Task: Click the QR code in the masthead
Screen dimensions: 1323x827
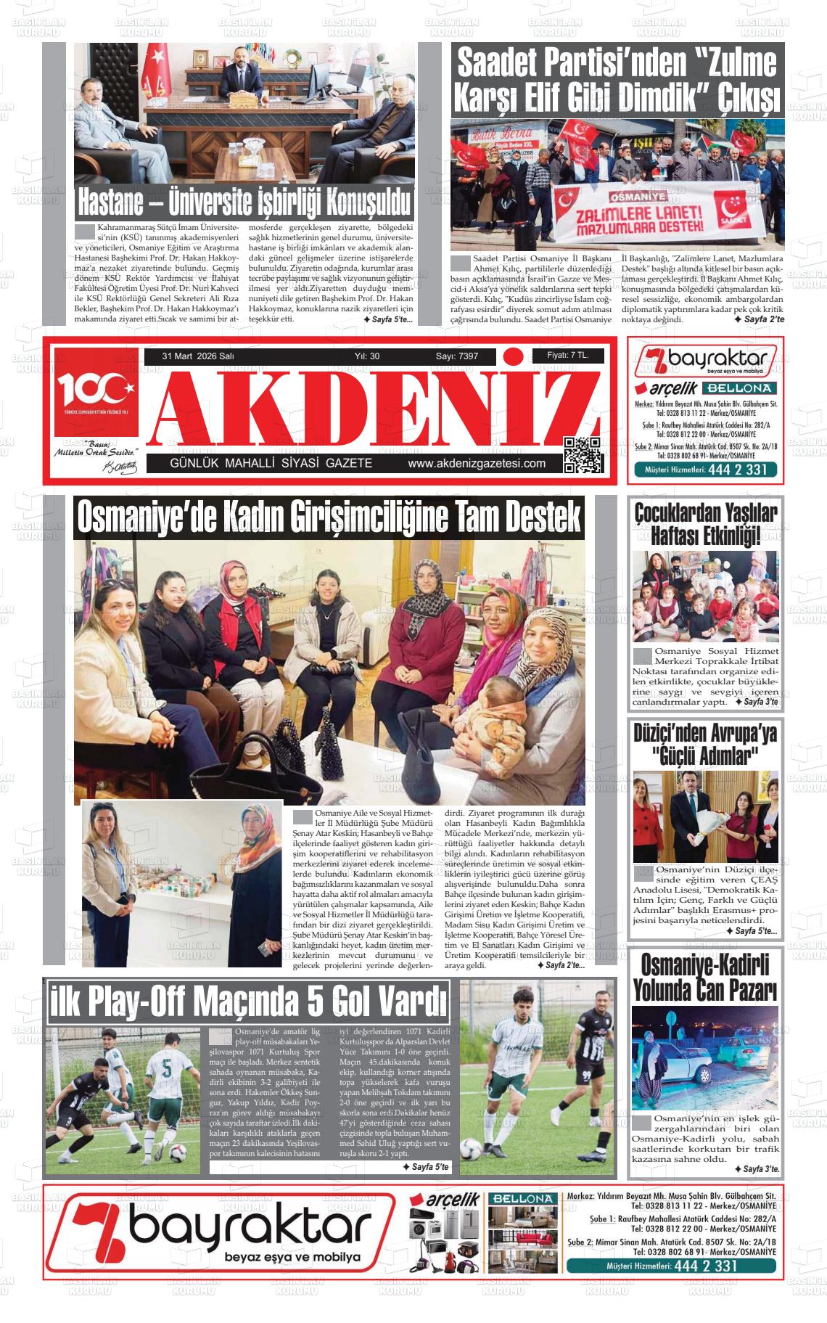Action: [583, 455]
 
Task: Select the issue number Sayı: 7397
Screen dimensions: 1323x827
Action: [456, 356]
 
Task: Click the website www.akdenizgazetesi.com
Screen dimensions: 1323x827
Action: [477, 464]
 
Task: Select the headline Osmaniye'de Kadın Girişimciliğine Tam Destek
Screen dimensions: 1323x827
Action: [329, 517]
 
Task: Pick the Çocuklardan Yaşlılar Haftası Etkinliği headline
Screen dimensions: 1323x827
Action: [705, 524]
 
